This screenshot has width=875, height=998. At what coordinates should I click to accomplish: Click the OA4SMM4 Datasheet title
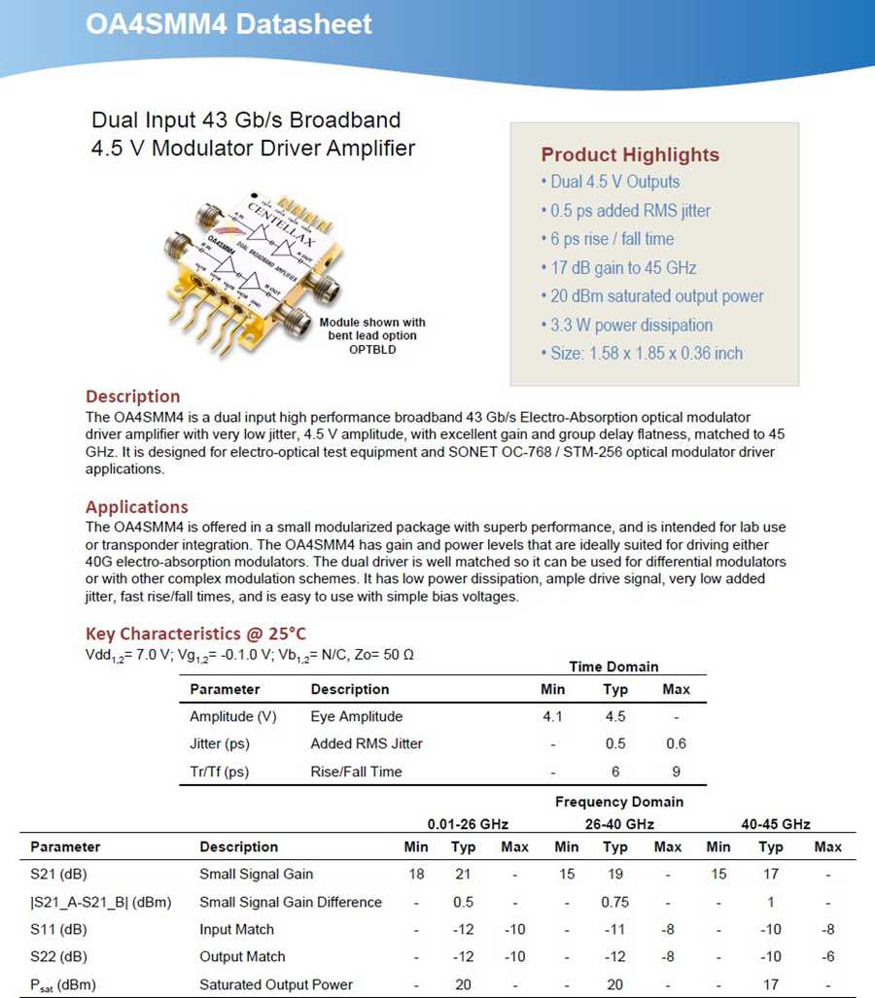(228, 23)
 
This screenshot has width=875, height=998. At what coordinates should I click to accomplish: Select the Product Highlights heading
(630, 155)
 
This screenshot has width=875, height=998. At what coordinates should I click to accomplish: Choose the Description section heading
(133, 396)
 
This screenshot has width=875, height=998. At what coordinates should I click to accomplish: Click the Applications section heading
(137, 507)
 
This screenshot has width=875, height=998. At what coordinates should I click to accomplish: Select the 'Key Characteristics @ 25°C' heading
(196, 634)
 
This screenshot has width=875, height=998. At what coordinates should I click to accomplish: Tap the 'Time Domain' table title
(613, 667)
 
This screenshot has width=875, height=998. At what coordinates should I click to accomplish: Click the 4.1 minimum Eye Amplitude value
(553, 717)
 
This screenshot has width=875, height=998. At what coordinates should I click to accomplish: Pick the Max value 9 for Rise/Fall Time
(676, 772)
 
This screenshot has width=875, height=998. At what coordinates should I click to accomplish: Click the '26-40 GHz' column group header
(618, 824)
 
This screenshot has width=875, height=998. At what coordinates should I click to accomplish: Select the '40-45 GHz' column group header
(775, 824)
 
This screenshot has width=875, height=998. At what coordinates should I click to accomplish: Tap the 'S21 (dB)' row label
(58, 875)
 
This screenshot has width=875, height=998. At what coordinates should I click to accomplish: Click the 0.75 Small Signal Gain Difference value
(615, 902)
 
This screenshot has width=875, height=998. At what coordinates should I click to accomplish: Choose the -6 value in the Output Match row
(827, 957)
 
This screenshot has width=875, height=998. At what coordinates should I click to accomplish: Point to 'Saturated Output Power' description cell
(276, 984)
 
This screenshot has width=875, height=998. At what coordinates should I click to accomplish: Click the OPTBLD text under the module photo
(372, 348)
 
